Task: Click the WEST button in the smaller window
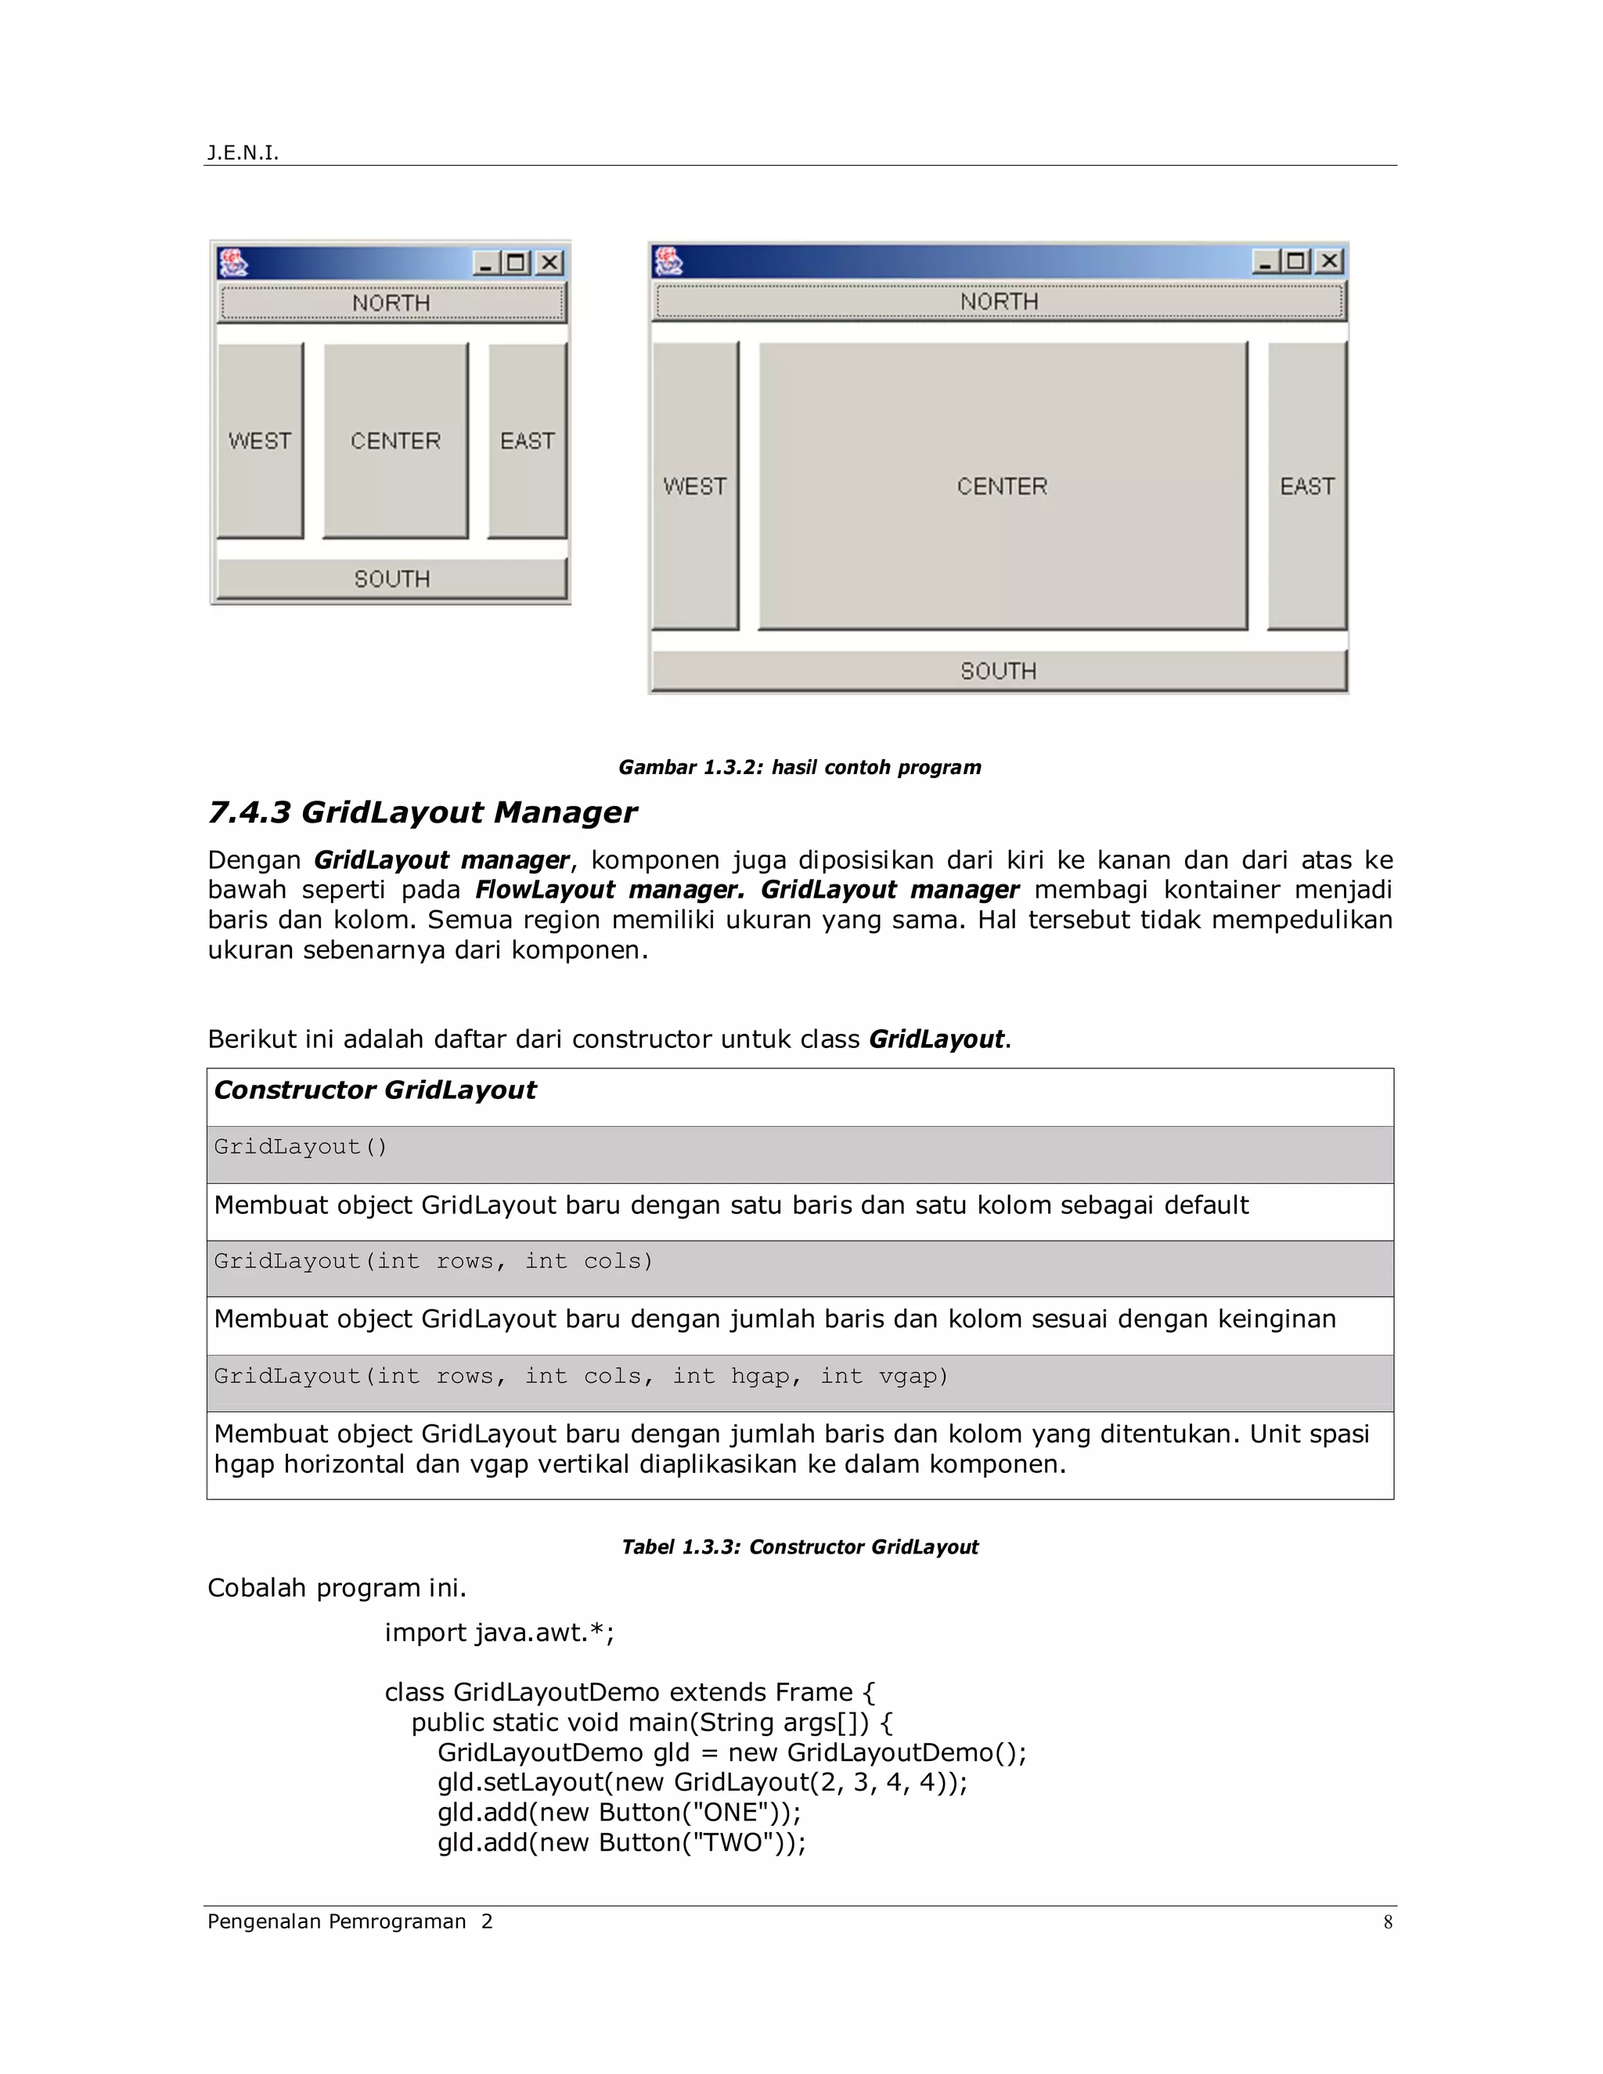point(259,441)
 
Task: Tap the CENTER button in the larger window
point(1002,486)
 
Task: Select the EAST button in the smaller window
point(527,441)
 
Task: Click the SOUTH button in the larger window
point(998,671)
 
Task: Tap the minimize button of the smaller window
point(486,263)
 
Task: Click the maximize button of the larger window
point(1296,261)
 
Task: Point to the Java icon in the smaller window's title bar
point(232,262)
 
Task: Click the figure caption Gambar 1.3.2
point(800,767)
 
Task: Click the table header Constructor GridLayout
point(375,1090)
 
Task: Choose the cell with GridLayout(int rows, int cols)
point(434,1261)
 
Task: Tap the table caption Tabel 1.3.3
point(800,1547)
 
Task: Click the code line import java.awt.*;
point(499,1633)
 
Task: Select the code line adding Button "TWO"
point(621,1842)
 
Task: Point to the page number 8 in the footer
point(1388,1922)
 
